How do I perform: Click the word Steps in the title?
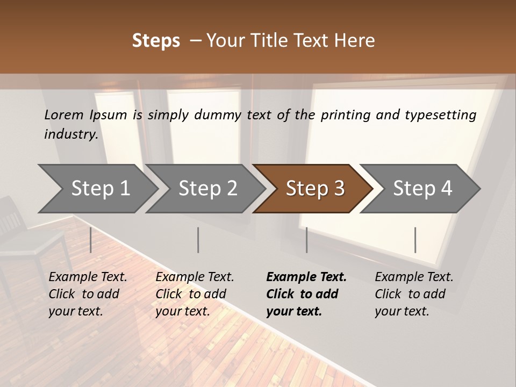(x=156, y=41)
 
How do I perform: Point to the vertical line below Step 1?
(x=91, y=240)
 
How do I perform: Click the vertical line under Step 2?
(x=198, y=240)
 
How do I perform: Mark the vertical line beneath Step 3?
(x=307, y=240)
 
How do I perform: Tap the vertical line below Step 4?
(x=415, y=240)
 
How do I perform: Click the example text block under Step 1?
(x=88, y=294)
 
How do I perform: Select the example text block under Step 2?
(x=195, y=294)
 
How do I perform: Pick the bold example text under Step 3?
(x=306, y=294)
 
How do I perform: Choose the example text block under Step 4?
(x=414, y=294)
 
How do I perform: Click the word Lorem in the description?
(x=63, y=114)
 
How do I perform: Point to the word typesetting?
(x=441, y=115)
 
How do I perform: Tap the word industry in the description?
(x=70, y=134)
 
